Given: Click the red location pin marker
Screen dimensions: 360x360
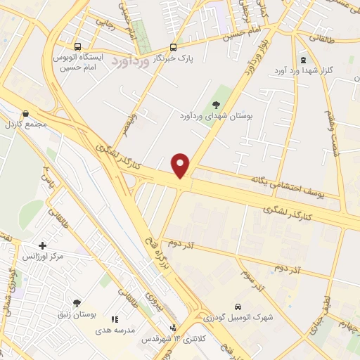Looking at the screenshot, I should (x=181, y=165).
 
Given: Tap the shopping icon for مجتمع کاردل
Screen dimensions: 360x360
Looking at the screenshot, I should (x=25, y=114).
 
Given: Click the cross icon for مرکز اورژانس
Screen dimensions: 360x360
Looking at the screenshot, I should (x=43, y=246).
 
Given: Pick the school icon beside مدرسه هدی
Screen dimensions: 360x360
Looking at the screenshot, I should (x=115, y=319).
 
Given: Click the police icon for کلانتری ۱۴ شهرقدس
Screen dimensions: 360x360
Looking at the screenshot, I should (x=173, y=328).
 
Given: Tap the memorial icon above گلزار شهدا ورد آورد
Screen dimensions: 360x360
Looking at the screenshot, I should (x=303, y=60).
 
